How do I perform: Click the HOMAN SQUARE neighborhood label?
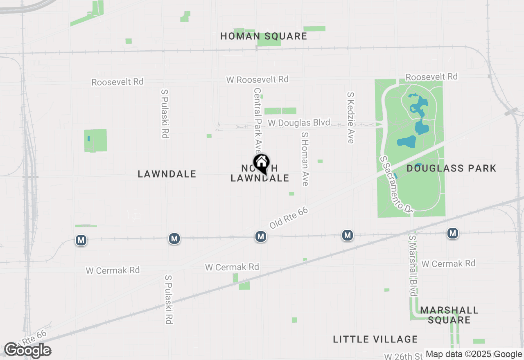(x=264, y=36)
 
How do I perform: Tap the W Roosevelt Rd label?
(x=257, y=79)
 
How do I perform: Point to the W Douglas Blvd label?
(x=299, y=123)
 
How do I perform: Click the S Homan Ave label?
(x=304, y=158)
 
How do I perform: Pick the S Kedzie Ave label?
(x=350, y=117)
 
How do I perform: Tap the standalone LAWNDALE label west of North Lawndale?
(x=167, y=174)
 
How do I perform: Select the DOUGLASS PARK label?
(x=451, y=168)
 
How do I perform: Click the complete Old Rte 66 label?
(x=288, y=218)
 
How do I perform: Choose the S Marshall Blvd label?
(x=412, y=266)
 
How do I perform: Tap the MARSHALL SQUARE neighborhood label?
(x=449, y=315)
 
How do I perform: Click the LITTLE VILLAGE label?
(x=375, y=339)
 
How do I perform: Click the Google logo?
(x=27, y=350)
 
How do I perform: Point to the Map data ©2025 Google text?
(x=474, y=354)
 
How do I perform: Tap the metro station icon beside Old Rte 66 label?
(x=261, y=236)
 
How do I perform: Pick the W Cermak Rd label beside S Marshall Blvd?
(x=448, y=263)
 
